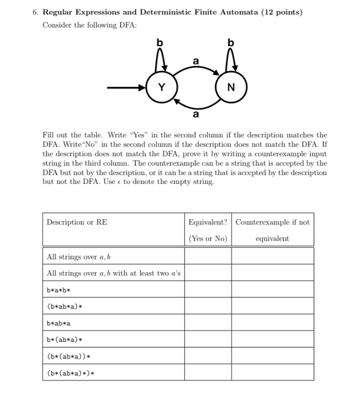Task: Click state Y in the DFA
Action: (x=162, y=87)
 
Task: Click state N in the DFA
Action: (x=230, y=87)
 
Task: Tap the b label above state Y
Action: (x=160, y=43)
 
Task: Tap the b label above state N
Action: (x=230, y=43)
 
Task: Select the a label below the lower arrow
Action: (x=195, y=115)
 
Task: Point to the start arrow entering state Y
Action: (x=126, y=87)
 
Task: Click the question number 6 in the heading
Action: (x=35, y=12)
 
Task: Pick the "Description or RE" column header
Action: (x=77, y=222)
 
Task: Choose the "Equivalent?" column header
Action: (x=207, y=222)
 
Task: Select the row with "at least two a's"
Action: (x=114, y=273)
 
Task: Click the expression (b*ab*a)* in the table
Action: (x=65, y=306)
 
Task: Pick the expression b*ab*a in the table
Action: (x=59, y=323)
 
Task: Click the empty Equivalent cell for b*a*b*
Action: (x=207, y=290)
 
